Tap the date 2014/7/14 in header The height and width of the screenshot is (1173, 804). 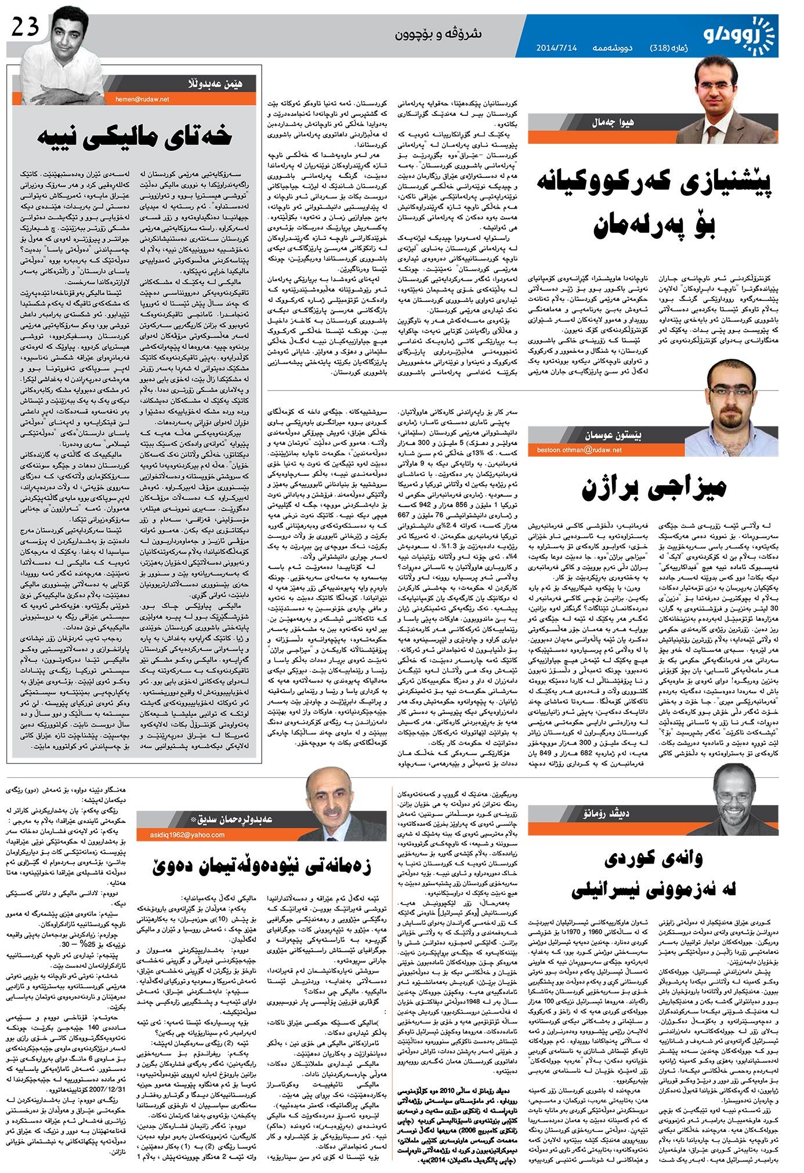pyautogui.click(x=556, y=49)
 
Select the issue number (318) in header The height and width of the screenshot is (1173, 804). pyautogui.click(x=660, y=49)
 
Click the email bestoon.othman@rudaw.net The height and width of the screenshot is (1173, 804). pyautogui.click(x=579, y=450)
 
